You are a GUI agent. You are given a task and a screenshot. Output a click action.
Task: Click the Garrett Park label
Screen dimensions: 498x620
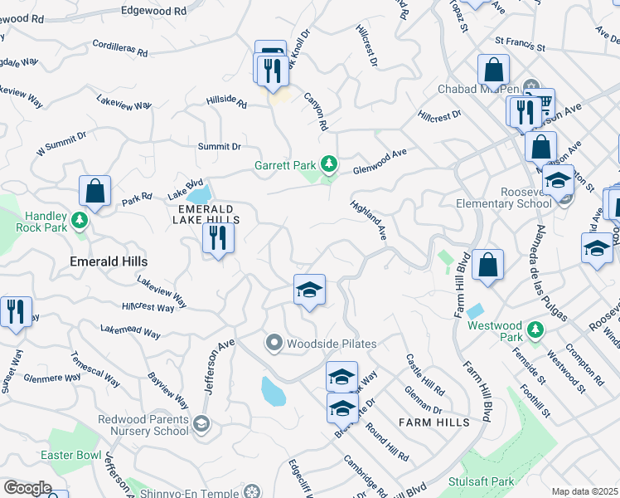[x=287, y=164]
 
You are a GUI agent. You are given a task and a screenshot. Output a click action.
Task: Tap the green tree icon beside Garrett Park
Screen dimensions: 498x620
[x=330, y=163]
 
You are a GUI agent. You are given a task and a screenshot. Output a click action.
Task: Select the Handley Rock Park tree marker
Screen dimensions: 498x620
[x=80, y=220]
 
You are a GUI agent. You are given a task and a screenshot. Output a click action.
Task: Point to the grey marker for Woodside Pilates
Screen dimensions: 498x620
[x=274, y=343]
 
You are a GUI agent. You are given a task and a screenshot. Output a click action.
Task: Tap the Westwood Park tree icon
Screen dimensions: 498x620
[x=535, y=330]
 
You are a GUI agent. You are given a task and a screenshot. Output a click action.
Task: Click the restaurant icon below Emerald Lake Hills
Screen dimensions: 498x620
[x=218, y=239]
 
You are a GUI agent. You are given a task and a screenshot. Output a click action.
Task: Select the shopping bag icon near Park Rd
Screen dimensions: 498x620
[x=95, y=191]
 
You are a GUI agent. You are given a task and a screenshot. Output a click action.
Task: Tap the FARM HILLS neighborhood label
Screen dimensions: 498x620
[x=434, y=422]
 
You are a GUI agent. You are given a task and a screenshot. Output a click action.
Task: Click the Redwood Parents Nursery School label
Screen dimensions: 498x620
[x=143, y=425]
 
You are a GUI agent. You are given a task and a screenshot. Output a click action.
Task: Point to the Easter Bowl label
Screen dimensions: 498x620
[x=70, y=456]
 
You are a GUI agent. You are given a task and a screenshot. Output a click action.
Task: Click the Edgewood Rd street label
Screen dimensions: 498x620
[x=154, y=12]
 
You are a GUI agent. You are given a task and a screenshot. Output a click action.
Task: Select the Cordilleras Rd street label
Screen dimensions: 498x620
[x=120, y=48]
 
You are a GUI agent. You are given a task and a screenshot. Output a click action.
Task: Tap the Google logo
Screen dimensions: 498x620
[x=27, y=488]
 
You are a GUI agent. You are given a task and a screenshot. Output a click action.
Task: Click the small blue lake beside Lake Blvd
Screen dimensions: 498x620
[x=199, y=196]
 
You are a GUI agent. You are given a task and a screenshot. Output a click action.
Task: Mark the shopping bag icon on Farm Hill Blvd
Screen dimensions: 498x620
[x=488, y=266]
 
